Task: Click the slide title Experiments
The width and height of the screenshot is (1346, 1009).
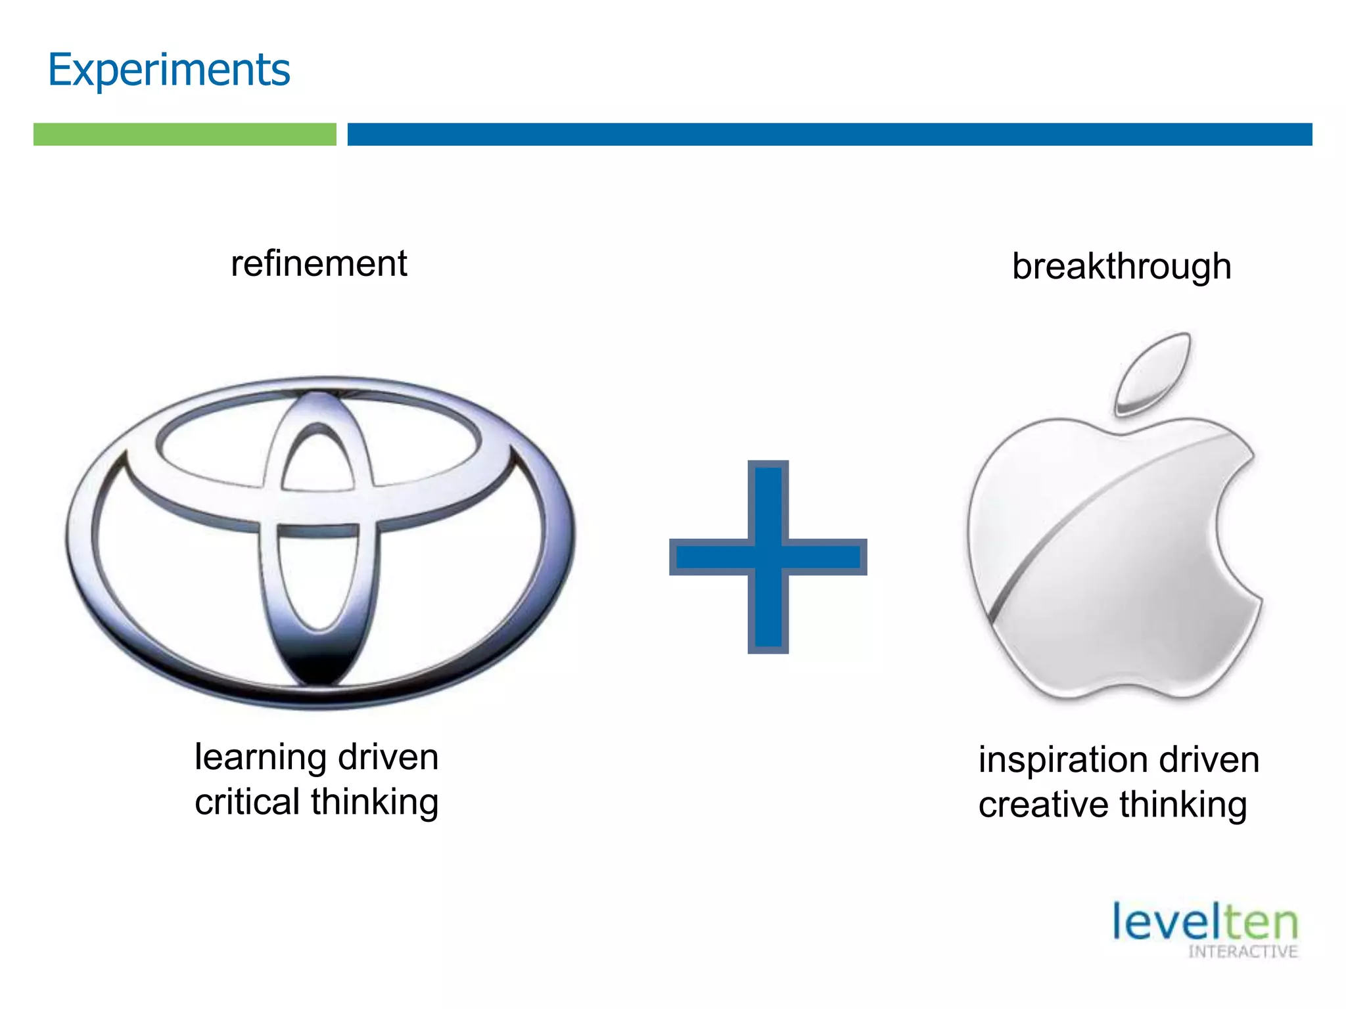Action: [169, 70]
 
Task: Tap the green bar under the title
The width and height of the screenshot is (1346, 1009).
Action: [185, 134]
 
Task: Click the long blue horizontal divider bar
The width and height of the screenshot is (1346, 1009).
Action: [829, 134]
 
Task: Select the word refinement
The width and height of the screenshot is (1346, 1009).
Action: [319, 264]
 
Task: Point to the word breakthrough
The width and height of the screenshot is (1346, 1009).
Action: [1121, 267]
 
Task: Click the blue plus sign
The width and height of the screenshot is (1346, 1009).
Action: [768, 557]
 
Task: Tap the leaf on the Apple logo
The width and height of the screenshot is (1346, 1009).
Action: [1153, 372]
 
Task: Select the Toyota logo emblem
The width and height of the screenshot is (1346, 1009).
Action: [320, 542]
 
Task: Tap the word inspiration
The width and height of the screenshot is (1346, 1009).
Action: [1063, 760]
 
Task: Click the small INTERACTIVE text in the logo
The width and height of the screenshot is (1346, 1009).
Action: [1242, 952]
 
